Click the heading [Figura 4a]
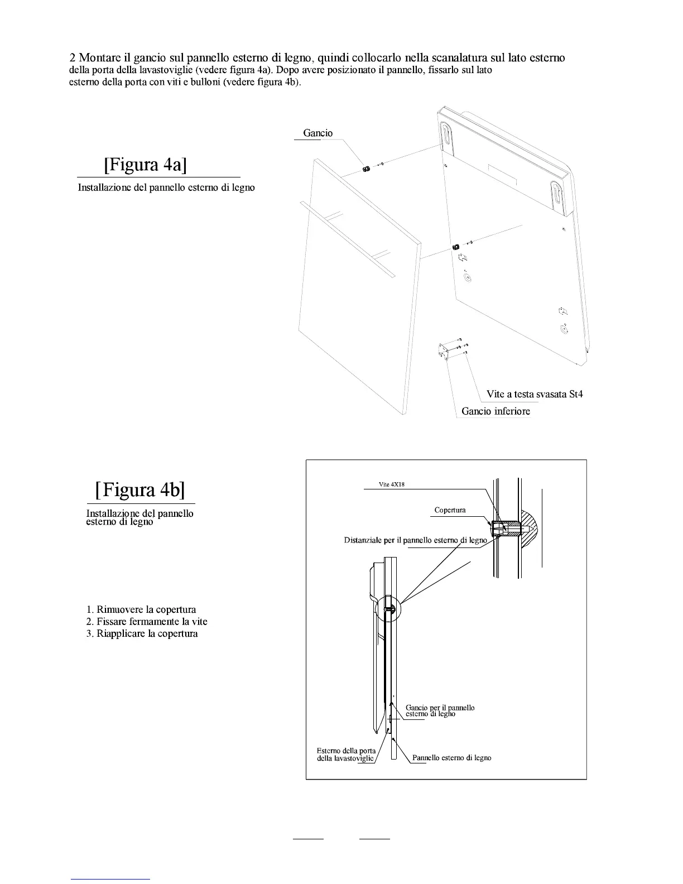coord(145,165)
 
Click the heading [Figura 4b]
coord(140,489)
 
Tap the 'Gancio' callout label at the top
coord(318,133)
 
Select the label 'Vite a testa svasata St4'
coord(535,394)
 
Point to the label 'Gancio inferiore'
coord(496,411)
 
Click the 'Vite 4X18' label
coord(392,484)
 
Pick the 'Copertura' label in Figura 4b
coord(450,510)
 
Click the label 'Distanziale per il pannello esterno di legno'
coord(415,540)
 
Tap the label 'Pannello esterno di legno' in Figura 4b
coord(451,757)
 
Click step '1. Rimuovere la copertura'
coord(141,609)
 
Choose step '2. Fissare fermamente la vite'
coord(147,621)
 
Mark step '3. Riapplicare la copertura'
coord(142,633)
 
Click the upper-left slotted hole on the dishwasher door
coord(449,137)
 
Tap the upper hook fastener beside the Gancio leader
coord(367,169)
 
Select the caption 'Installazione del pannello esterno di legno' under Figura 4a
coord(166,188)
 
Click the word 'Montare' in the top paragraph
coord(99,58)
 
